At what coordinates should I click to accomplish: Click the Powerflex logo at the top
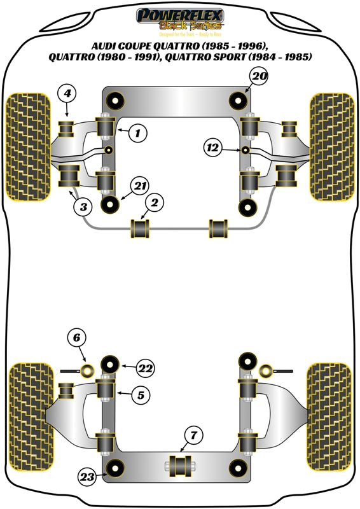tap(180, 18)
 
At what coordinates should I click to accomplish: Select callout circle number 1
tap(137, 133)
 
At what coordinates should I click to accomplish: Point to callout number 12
tap(212, 148)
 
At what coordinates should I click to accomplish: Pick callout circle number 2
tap(153, 204)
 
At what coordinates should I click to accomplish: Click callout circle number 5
tap(142, 395)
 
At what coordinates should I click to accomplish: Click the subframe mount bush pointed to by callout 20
tap(238, 101)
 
